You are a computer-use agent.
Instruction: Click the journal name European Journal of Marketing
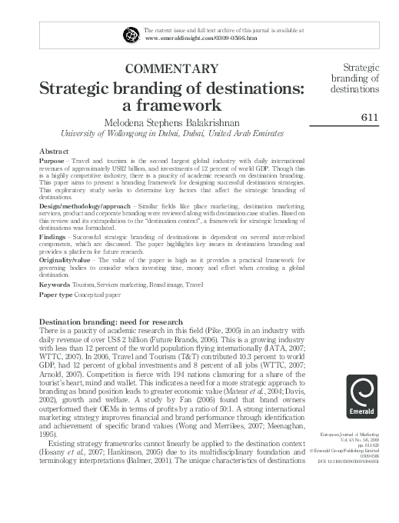point(362,435)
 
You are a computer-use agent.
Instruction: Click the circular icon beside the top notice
point(130,33)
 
